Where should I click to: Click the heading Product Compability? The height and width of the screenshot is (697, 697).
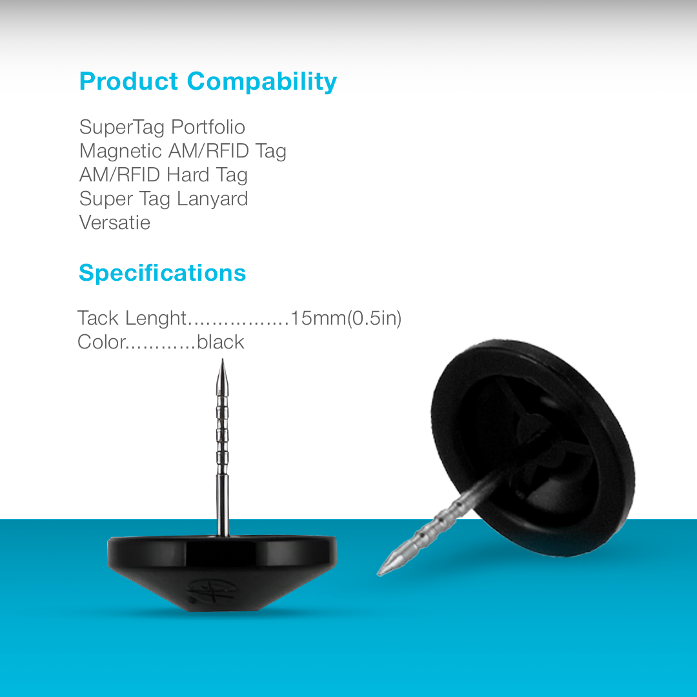point(208,82)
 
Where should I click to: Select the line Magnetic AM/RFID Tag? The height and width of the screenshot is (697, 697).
point(183,151)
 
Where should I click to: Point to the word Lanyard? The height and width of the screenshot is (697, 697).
point(212,199)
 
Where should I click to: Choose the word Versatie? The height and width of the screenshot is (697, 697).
point(115,223)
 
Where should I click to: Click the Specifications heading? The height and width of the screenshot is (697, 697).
point(162,273)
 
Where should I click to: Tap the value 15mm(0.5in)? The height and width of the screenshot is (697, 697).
point(346,318)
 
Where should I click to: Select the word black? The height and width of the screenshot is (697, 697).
point(221,342)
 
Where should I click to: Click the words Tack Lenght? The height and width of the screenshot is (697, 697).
point(132,318)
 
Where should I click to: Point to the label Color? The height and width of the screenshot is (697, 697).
point(101,342)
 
